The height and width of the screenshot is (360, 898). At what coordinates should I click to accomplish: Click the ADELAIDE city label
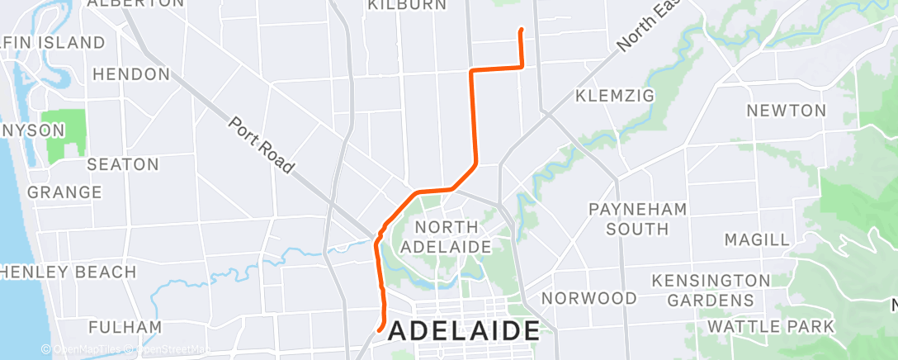point(463,331)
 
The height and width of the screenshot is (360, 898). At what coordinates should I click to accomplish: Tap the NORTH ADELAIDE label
point(447,236)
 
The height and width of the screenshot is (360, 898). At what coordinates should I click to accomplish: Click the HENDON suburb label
point(131,74)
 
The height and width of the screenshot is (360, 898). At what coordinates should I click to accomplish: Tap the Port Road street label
point(261,146)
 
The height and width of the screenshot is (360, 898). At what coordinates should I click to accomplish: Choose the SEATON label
point(122,164)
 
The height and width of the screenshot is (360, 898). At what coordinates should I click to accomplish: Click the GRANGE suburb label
point(64,192)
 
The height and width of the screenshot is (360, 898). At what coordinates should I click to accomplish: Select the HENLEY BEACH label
point(68,272)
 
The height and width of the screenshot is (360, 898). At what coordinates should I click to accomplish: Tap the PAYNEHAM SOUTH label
point(638,218)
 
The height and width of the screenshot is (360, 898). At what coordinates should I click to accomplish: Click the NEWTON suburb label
point(786,110)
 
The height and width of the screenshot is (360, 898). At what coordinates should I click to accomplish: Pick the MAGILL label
point(756,239)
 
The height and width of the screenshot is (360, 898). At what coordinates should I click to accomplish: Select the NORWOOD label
point(589,297)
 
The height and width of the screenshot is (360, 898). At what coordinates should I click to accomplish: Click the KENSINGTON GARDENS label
point(710,290)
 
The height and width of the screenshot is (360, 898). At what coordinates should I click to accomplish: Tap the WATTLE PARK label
point(771,326)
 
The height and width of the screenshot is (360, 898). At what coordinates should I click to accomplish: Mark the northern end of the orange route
point(521,31)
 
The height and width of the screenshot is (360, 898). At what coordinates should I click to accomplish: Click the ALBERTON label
point(135,3)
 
